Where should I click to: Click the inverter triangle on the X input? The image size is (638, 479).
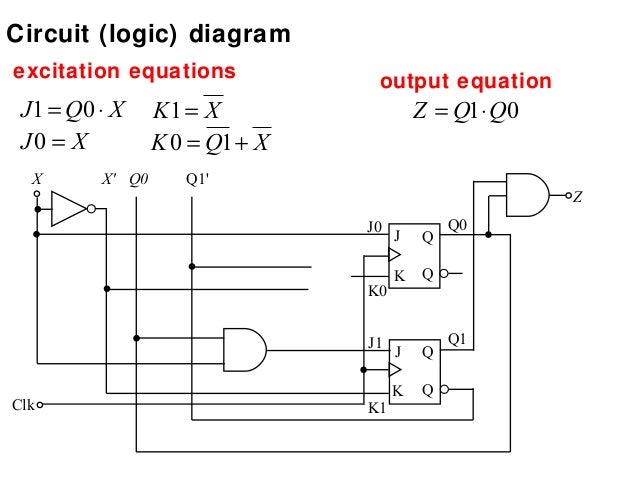point(68,209)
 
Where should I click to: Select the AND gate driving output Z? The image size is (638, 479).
point(528,194)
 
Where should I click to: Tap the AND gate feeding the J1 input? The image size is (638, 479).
point(244,349)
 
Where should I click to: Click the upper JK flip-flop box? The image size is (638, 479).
point(414,254)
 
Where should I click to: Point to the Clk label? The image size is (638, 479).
point(24,405)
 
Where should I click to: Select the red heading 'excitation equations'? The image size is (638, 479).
point(123,72)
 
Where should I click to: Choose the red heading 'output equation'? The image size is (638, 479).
point(466,81)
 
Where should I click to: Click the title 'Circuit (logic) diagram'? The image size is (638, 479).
point(149,35)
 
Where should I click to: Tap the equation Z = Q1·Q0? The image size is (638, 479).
point(466,109)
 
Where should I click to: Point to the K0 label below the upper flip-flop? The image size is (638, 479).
point(376,291)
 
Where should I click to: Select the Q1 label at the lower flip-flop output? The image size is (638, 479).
point(457,339)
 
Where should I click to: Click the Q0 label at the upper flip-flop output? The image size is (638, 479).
point(457,225)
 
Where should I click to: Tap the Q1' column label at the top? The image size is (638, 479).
point(197,181)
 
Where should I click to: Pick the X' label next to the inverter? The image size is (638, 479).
point(109,181)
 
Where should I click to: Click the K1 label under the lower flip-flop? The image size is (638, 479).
point(376,408)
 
